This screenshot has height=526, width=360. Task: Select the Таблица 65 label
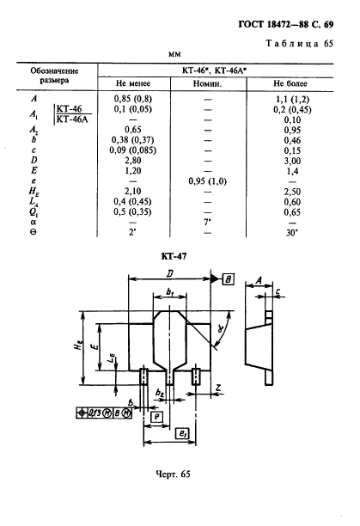[299, 44]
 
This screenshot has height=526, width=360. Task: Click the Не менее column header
[133, 83]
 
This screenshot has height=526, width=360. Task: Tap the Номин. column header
[207, 83]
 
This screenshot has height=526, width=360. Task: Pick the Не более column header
[290, 83]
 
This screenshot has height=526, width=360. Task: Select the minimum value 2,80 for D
[133, 161]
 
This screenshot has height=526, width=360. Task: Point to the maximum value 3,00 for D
[292, 161]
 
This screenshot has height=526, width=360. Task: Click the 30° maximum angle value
[292, 232]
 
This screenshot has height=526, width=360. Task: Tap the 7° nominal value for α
[207, 222]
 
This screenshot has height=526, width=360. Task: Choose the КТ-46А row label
[72, 119]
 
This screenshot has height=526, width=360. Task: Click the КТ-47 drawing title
[174, 257]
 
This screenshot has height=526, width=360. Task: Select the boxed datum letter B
[229, 279]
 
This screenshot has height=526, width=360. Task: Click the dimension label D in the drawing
[170, 273]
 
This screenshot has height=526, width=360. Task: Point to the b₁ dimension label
[170, 292]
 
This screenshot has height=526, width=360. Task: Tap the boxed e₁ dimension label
[182, 434]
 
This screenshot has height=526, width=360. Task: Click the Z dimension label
[218, 388]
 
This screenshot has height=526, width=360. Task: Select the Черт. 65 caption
[173, 474]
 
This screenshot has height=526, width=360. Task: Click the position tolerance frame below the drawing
[104, 413]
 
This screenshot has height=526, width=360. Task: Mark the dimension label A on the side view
[259, 280]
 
